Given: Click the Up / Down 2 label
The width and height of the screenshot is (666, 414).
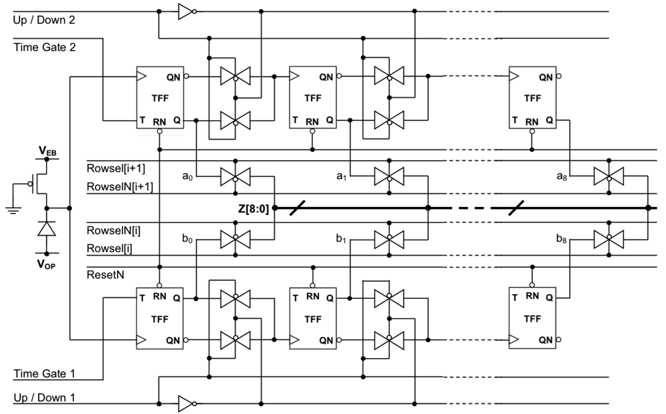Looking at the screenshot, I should (44, 20).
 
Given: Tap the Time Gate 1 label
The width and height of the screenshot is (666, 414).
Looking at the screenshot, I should (41, 373).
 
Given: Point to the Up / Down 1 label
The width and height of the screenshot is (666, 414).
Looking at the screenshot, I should (44, 397).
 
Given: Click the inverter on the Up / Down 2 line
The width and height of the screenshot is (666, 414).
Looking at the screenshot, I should (184, 11).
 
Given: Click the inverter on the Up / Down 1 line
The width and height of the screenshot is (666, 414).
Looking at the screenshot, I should (184, 403).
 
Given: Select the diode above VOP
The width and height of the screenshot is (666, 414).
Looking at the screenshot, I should (47, 229).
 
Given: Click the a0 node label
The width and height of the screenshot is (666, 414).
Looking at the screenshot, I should (188, 176).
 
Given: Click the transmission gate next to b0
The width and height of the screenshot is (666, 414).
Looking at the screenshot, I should (234, 238).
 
